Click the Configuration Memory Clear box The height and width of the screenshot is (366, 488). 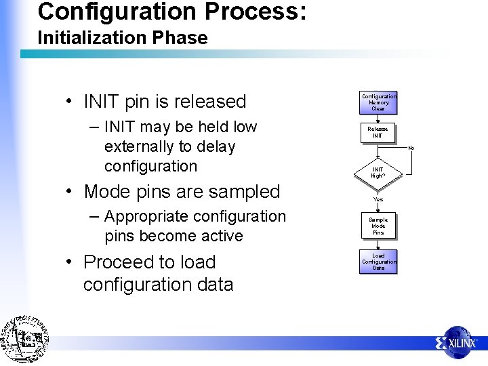click(x=378, y=102)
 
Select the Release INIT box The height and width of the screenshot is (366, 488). click(x=378, y=132)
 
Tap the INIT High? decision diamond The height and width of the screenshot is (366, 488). click(x=378, y=172)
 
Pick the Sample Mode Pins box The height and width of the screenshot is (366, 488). click(x=378, y=226)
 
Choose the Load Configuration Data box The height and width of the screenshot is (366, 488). click(x=378, y=262)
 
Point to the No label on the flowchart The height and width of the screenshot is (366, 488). click(x=411, y=148)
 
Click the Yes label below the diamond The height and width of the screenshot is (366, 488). click(x=378, y=199)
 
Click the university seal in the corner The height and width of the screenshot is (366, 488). click(x=25, y=339)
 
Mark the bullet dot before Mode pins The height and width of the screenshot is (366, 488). click(x=70, y=192)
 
